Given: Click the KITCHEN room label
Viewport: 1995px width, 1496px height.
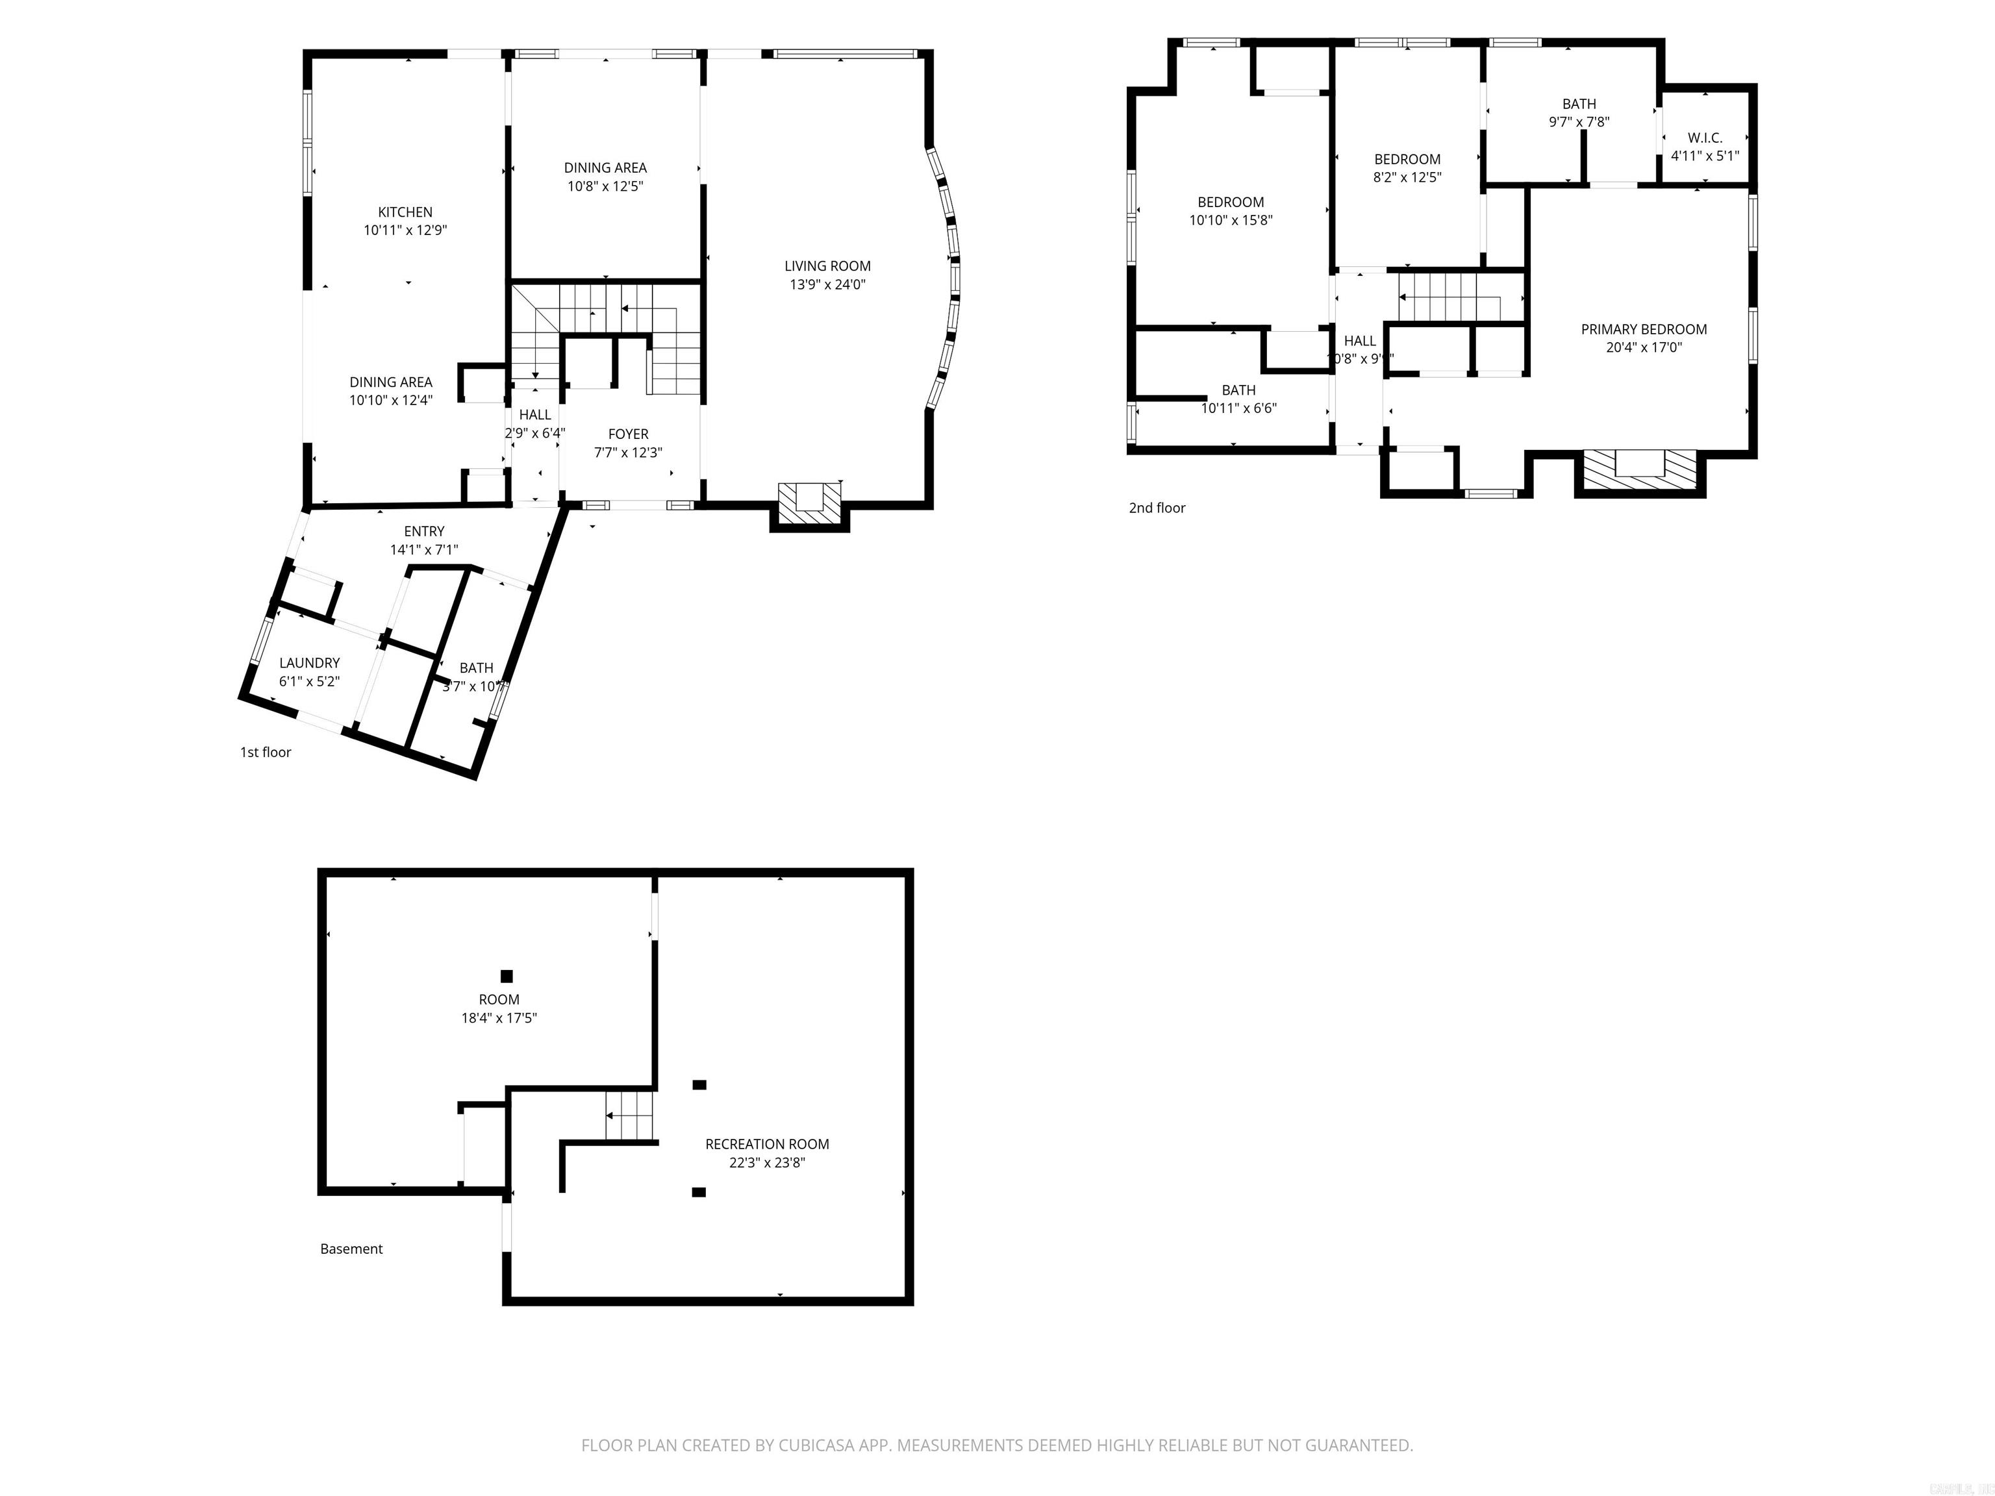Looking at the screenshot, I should coord(405,212).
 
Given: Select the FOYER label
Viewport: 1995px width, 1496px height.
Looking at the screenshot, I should coord(628,434).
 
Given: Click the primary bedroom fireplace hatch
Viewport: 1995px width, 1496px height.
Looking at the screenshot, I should coord(1640,468).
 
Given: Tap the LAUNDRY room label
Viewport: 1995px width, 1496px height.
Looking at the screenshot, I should coord(309,663).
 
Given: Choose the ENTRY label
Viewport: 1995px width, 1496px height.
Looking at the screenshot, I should coord(424,531).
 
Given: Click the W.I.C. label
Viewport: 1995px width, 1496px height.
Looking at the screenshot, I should coord(1705,138).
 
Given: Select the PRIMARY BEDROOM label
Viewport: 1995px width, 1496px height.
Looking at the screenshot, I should coord(1643,329).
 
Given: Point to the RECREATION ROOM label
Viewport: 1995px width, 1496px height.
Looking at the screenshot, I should coord(766,1143).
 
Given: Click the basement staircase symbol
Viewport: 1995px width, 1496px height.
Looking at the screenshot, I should coord(629,1116).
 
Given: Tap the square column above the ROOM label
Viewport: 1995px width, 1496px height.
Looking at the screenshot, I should coord(507,976).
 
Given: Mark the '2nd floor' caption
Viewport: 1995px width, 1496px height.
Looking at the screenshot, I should coord(1157,508).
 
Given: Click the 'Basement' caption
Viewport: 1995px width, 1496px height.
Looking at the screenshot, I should coord(352,1249).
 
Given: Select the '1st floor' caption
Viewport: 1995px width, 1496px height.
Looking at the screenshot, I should coord(265,752).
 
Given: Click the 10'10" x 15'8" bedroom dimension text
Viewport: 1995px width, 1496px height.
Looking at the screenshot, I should coord(1230,220).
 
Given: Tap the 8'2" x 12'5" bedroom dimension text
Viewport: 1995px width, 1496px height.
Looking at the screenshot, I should coord(1407,178).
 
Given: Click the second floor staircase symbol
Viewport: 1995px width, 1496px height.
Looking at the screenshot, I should coord(1452,297).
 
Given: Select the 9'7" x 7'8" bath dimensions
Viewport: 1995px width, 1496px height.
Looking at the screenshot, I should coord(1578,121).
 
